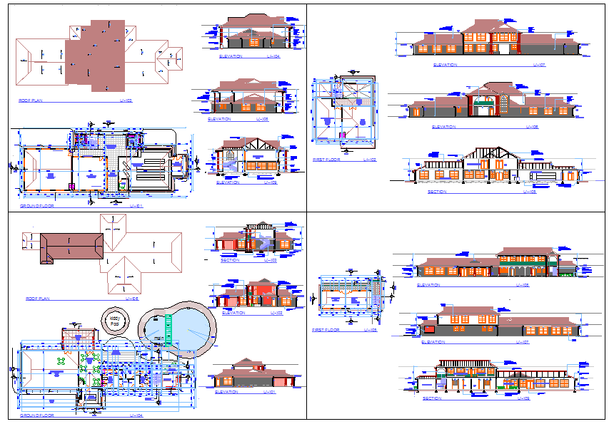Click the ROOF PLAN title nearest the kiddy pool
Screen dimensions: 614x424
37,299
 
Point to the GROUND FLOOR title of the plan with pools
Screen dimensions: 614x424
36,415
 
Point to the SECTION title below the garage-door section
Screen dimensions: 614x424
436,192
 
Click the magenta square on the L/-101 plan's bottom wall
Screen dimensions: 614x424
71,186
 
